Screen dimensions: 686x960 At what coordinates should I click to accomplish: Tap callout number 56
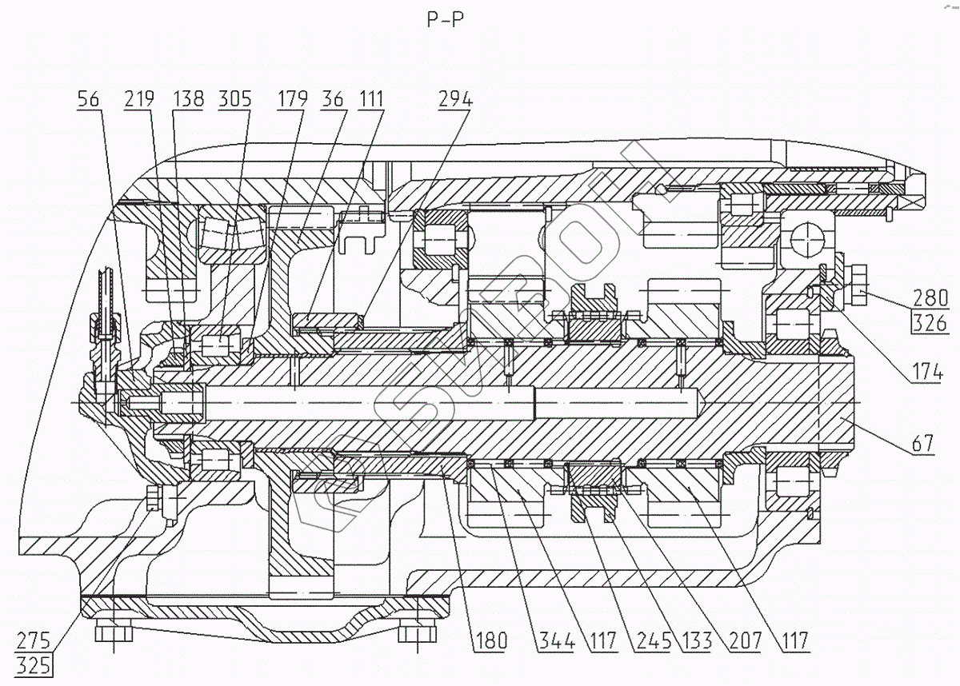[90, 99]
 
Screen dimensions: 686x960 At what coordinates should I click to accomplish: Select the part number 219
[140, 99]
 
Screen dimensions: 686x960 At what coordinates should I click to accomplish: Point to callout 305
[236, 99]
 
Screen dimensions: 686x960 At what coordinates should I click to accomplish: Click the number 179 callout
[294, 99]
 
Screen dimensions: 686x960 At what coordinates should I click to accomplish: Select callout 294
[455, 99]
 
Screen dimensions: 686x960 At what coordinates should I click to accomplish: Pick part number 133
[693, 640]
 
